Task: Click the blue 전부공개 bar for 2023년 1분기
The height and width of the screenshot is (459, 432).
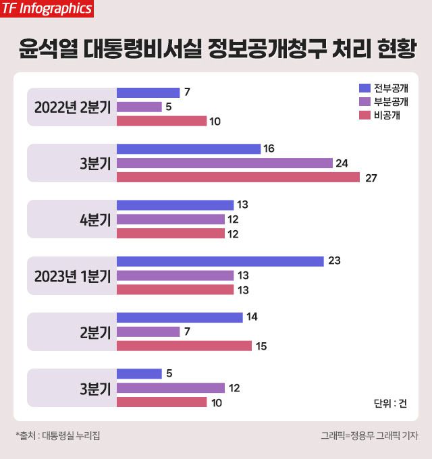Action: click(220, 261)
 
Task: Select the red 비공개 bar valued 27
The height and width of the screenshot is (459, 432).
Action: click(238, 178)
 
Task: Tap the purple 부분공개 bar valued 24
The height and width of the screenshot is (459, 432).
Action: click(225, 163)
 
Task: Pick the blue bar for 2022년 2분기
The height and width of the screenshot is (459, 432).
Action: click(148, 92)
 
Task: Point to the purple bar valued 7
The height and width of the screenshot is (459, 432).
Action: click(148, 331)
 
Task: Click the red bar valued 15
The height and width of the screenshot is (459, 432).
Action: click(184, 346)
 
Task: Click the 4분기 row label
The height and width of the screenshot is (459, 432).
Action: click(94, 219)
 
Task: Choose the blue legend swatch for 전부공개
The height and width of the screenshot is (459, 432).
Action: click(365, 88)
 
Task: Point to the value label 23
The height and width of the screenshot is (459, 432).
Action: click(334, 261)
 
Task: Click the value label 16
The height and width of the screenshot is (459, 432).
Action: click(269, 148)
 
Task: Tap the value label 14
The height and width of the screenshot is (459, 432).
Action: click(251, 317)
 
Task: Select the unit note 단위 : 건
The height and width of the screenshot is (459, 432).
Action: click(390, 404)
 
